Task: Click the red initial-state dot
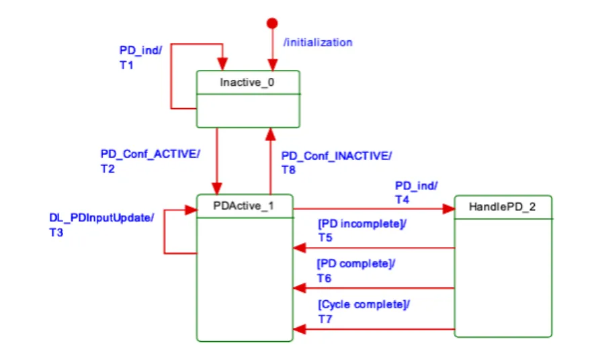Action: tap(272, 24)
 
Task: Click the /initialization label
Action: tap(318, 42)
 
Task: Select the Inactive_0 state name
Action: tap(247, 83)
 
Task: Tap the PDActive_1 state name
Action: tap(243, 206)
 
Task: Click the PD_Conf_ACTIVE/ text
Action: tap(150, 153)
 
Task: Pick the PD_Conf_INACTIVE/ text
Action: tap(336, 156)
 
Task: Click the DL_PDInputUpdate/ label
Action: tap(102, 217)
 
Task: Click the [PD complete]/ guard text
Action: tap(356, 264)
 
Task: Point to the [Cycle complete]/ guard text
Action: tap(364, 304)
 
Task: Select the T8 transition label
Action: tap(289, 170)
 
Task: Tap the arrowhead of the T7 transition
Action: tap(300, 329)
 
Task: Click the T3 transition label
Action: tap(58, 233)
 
